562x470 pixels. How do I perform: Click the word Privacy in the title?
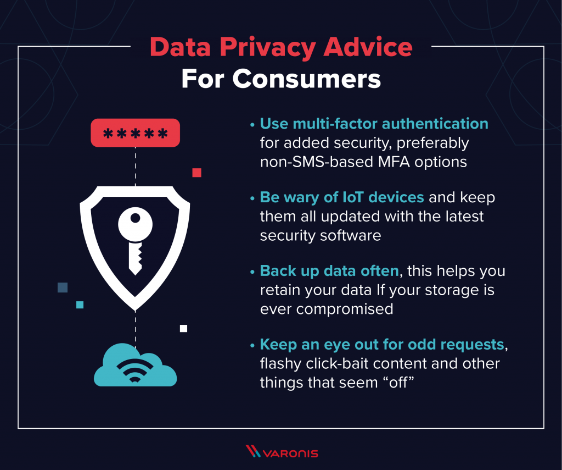point(268,47)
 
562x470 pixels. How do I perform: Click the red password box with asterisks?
point(135,133)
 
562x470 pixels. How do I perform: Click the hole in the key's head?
point(135,218)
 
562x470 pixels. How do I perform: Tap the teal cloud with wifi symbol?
point(135,365)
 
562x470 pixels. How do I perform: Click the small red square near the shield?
point(197,173)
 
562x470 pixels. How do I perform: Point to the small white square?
point(183,329)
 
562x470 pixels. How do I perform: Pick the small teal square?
point(80,305)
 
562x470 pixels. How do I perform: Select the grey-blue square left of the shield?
point(63,287)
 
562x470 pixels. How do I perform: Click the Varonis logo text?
point(291,454)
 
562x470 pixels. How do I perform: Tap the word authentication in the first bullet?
point(435,124)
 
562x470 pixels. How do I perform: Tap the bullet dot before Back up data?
point(252,272)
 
